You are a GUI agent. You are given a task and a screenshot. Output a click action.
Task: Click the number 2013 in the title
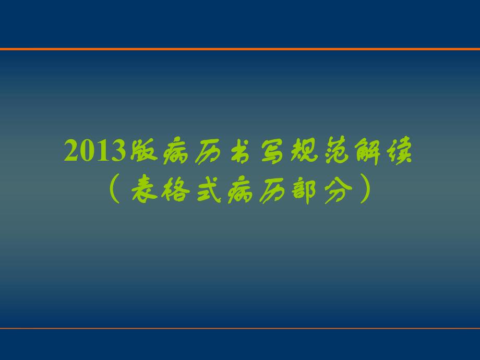(96, 152)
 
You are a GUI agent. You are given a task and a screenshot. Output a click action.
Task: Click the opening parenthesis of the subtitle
(115, 189)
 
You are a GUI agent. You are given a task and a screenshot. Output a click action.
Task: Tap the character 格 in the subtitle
(175, 189)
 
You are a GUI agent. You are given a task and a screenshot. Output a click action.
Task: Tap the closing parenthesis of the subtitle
(365, 189)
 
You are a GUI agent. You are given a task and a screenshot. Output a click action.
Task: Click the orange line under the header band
(240, 49)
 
